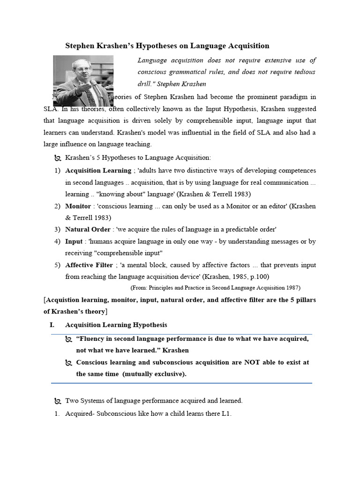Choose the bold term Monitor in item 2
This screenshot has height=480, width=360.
coord(78,206)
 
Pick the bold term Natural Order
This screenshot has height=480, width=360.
coord(88,229)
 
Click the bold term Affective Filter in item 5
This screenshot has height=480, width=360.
coord(89,265)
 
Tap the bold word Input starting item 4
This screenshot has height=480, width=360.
coord(74,241)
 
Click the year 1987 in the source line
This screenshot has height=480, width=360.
coord(291,287)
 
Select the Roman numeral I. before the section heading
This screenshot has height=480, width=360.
coord(52,324)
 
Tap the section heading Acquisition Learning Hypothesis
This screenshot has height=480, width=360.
coord(116,324)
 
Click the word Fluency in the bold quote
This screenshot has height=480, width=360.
coord(93,338)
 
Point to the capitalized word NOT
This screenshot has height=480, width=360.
coord(253,362)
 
